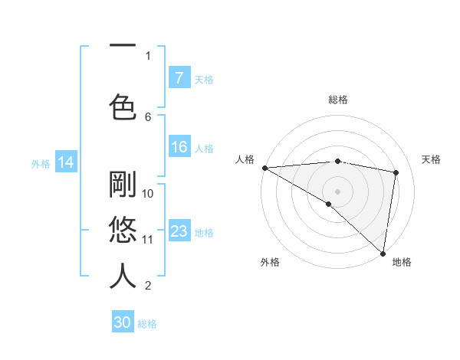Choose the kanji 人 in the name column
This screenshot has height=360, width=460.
click(x=123, y=276)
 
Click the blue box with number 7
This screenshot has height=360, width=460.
click(x=179, y=78)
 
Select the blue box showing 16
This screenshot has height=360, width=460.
click(x=179, y=148)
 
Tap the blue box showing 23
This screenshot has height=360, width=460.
click(x=179, y=231)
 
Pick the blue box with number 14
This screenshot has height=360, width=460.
click(x=65, y=162)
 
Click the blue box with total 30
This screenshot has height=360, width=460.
click(x=123, y=322)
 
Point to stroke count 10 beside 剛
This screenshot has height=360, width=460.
click(x=148, y=193)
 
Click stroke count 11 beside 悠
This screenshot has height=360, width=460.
click(x=148, y=239)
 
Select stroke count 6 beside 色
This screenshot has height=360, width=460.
click(x=148, y=116)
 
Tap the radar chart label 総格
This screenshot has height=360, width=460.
click(x=338, y=100)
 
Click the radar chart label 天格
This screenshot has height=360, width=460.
click(x=432, y=159)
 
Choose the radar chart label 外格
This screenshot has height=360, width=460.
click(x=269, y=262)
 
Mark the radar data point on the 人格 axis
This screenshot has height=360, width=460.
click(x=264, y=168)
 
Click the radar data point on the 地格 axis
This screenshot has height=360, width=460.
click(x=383, y=253)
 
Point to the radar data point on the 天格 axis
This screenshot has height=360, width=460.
click(x=396, y=172)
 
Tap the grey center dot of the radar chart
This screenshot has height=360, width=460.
click(x=337, y=191)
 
